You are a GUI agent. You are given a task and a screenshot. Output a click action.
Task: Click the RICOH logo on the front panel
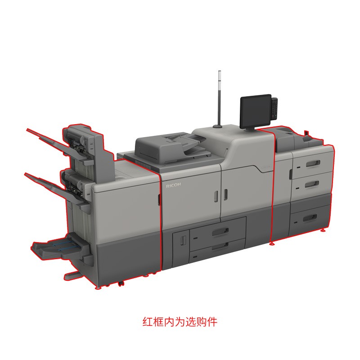tap(173, 185)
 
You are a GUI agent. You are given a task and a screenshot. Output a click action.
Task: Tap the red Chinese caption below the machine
tap(180, 322)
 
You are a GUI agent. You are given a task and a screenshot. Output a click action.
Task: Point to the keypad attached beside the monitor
tap(274, 108)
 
